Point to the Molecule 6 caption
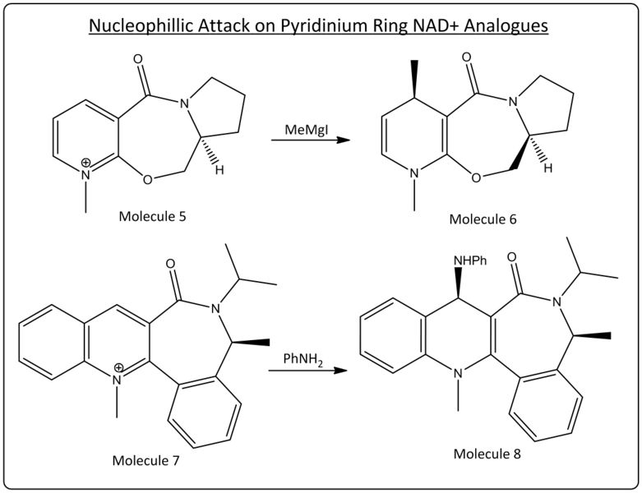pos(483,219)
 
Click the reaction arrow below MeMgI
pos(304,141)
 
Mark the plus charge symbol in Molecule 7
pos(118,366)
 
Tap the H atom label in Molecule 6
pos(547,168)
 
